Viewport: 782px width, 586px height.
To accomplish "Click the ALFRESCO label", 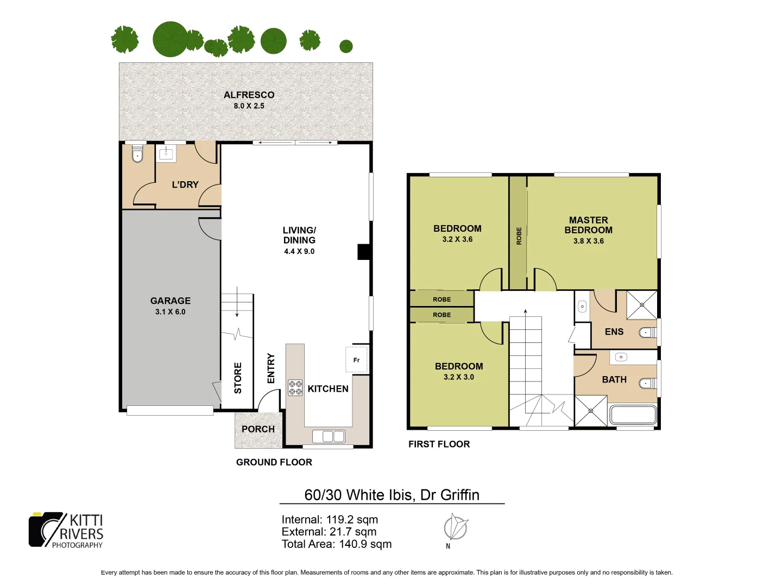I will click(x=249, y=95).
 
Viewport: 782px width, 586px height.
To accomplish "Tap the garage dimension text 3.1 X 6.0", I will click(x=170, y=312).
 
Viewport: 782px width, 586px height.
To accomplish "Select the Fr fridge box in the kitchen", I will click(x=356, y=360).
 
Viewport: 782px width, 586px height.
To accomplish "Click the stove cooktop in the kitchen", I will click(x=295, y=387).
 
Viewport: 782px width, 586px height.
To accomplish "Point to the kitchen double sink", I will click(x=329, y=436).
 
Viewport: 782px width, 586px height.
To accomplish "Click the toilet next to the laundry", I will click(x=137, y=155).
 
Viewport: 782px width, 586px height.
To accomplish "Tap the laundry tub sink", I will click(x=166, y=154).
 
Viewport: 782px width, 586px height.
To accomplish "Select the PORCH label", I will click(x=258, y=429).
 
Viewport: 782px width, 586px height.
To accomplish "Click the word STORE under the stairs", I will click(x=238, y=378).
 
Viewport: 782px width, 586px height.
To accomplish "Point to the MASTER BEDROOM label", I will click(x=588, y=225).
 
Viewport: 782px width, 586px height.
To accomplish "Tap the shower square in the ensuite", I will click(x=641, y=305).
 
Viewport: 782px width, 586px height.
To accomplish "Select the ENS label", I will click(x=614, y=332).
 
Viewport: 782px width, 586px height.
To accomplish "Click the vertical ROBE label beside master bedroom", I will click(x=519, y=236).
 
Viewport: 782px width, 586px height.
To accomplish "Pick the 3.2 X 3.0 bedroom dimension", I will click(x=458, y=377).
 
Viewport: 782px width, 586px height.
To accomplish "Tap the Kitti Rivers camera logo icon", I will click(x=46, y=529).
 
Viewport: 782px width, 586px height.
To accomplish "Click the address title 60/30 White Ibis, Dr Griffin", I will click(x=392, y=495).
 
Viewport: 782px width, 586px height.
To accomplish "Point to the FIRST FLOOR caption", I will click(x=439, y=444).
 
